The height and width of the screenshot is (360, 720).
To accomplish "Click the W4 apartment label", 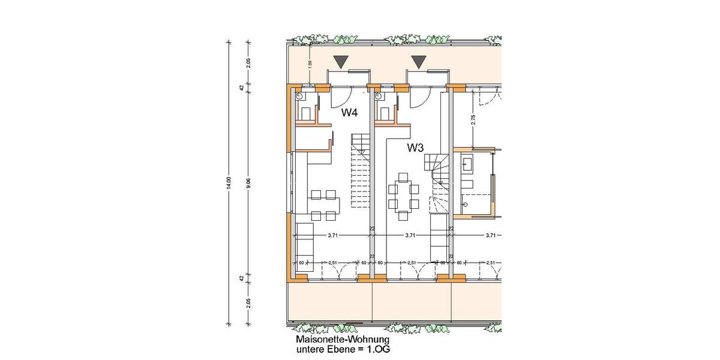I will [350, 112].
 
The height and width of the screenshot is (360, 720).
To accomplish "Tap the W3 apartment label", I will [416, 147].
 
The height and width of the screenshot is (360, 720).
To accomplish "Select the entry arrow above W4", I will [341, 61].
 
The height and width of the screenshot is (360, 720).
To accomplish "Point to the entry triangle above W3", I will [419, 61].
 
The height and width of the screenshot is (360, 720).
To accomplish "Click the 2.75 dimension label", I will [473, 119].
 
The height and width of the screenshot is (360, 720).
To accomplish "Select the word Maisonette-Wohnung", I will [329, 339].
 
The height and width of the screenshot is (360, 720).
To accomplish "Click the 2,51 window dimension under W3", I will [412, 262].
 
